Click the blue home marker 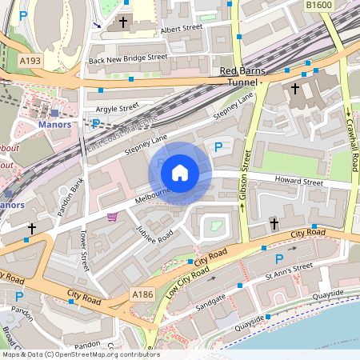click(180, 172)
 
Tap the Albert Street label click(182, 28)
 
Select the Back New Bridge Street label click(128, 58)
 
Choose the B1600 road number click(318, 5)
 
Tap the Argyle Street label click(118, 106)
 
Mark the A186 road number click(141, 295)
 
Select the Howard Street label click(298, 182)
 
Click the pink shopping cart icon click(112, 216)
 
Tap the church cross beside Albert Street click(123, 23)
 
